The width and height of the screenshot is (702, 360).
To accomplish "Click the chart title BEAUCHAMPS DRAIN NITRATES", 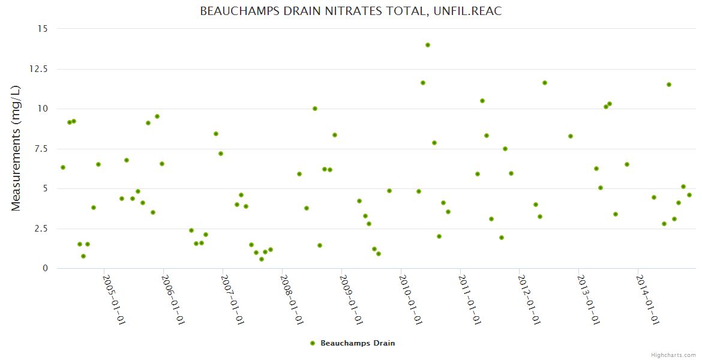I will tap(350, 11).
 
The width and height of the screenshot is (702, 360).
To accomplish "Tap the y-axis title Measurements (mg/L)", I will tap(16, 148).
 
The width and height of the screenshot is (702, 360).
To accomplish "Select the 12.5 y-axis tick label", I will tap(39, 69).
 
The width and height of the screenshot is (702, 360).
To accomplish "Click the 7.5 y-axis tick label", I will tap(41, 149).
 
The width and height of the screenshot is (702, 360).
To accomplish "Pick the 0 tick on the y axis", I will tap(45, 269).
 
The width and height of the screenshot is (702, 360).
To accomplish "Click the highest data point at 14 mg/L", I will tap(428, 45).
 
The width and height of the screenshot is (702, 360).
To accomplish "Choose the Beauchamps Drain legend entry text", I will tap(358, 343).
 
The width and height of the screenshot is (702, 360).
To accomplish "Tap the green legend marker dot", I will tap(313, 343).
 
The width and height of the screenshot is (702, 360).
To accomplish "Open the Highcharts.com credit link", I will tap(673, 355).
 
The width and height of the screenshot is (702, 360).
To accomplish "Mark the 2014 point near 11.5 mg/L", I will tap(669, 85).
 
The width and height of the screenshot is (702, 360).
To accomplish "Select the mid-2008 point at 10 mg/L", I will tap(315, 109).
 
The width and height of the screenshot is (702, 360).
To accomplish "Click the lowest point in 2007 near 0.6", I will tap(262, 259).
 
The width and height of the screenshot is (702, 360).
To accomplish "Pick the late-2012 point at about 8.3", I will tap(571, 136).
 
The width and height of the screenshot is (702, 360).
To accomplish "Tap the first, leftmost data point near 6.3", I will tap(63, 167).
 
